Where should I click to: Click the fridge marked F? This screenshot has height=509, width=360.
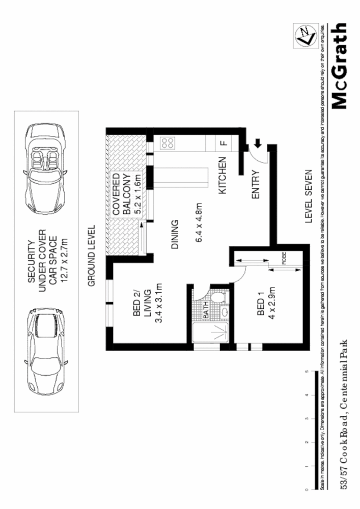[x=223, y=143]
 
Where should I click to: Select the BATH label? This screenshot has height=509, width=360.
[x=206, y=311]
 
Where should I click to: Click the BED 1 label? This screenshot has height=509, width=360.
[x=261, y=310]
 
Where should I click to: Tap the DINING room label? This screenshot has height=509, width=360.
[x=174, y=234]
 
